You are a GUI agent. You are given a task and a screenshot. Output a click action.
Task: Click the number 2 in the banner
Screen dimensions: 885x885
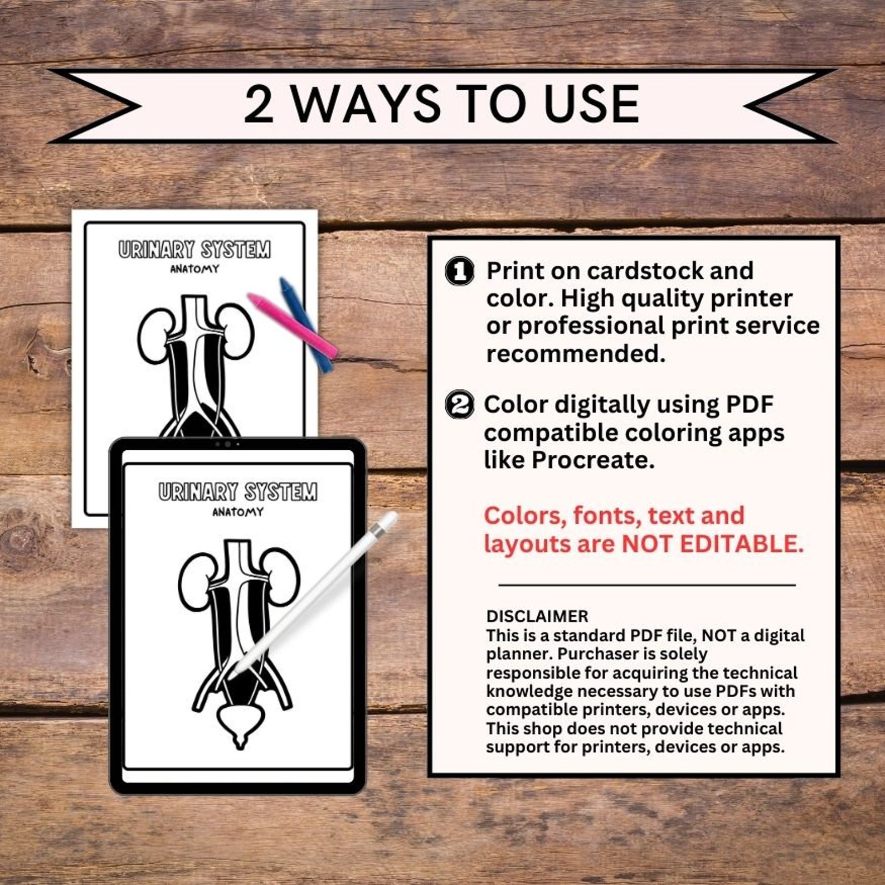click(260, 105)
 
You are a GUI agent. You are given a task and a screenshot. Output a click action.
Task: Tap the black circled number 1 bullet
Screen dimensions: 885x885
click(460, 271)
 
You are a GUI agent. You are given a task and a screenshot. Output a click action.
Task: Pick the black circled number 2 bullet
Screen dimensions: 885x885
click(460, 405)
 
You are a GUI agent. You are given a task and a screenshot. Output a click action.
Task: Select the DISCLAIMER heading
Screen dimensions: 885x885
click(537, 616)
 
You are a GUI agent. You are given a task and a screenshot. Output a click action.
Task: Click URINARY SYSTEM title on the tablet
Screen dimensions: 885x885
click(238, 492)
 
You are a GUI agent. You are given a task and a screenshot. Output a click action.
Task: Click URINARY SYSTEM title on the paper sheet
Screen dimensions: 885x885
click(194, 249)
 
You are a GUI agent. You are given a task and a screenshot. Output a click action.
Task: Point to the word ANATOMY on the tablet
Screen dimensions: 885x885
click(238, 512)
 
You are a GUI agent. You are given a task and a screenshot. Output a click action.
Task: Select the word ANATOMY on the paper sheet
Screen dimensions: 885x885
click(194, 269)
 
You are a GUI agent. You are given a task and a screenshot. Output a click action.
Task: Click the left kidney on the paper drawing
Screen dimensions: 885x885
click(153, 335)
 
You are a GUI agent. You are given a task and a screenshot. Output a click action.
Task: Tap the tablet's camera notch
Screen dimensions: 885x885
click(227, 444)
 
